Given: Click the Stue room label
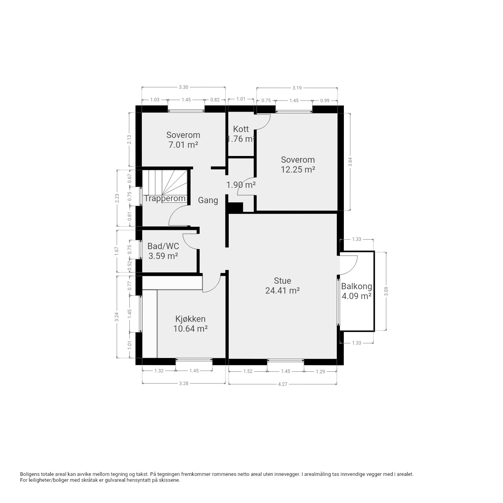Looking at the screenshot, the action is point(282,281).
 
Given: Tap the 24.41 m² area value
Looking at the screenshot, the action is point(282,290).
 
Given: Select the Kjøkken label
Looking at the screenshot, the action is point(190,319).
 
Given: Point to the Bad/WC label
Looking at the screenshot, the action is point(163,246).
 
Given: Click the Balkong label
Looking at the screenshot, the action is point(356,286).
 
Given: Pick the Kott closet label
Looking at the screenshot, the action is point(240,129).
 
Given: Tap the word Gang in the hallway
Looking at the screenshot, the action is point(208,200).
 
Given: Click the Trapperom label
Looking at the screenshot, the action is point(165,198).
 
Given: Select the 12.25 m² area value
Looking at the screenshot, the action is point(298,170).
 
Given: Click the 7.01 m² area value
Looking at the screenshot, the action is point(183,145).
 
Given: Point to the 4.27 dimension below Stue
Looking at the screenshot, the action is point(283,384).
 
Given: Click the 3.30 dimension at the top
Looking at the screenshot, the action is point(184,87).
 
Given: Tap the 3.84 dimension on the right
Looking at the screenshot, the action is point(351,162).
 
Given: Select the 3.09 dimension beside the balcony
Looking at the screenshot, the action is point(386,291).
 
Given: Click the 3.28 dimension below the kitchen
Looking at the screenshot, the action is point(184,384).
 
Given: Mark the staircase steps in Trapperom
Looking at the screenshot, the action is point(165,182).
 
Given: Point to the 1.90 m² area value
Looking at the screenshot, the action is point(240,185).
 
